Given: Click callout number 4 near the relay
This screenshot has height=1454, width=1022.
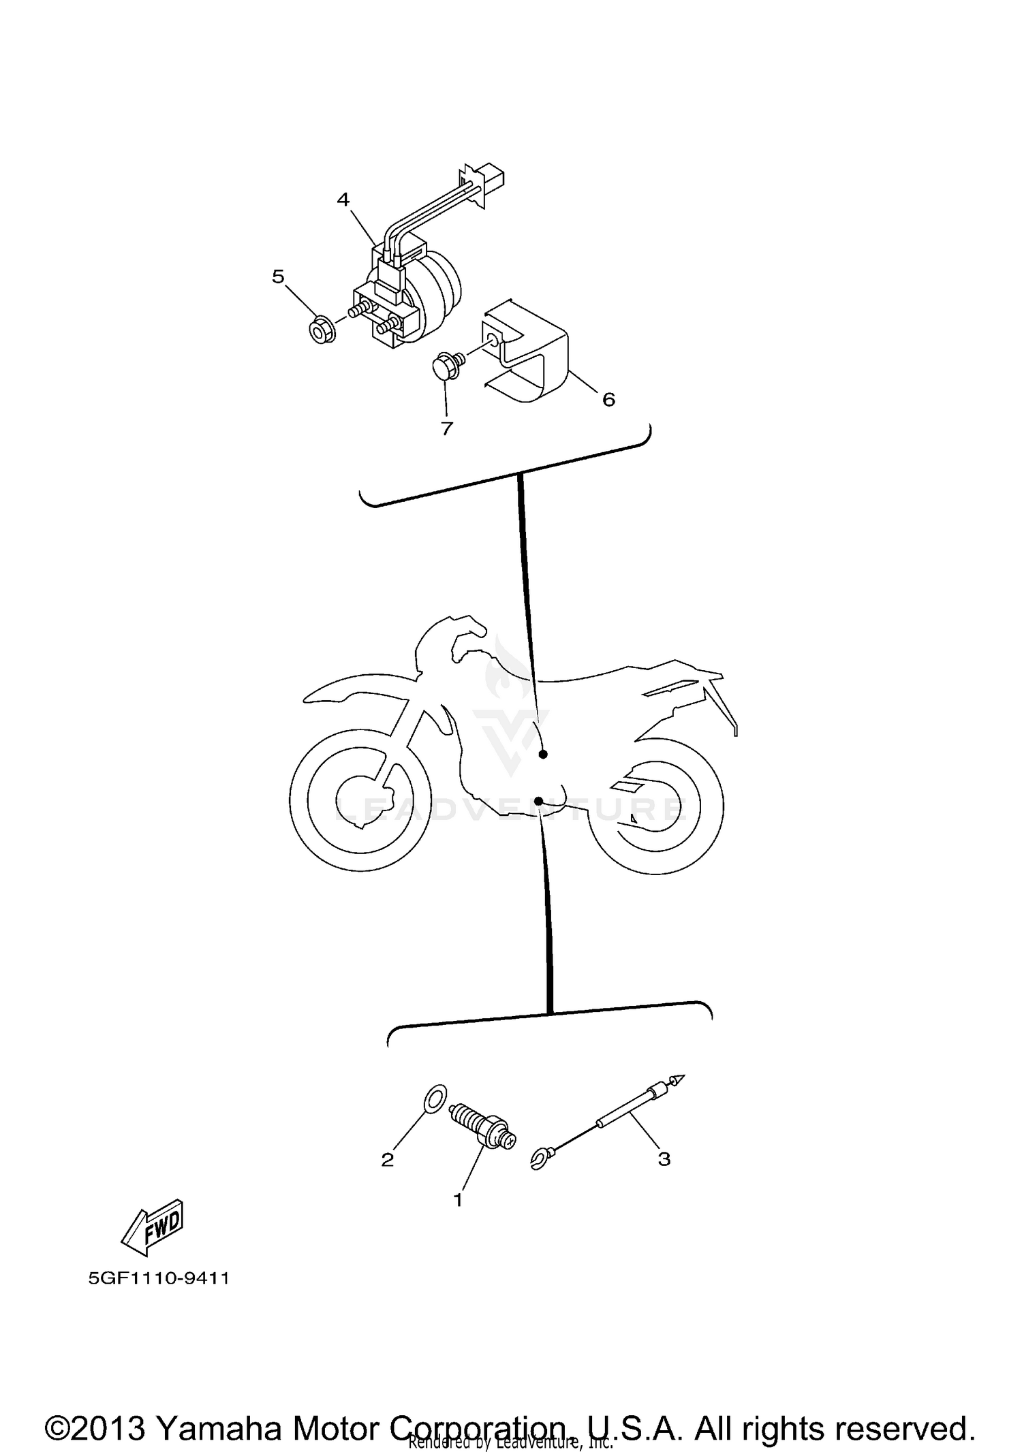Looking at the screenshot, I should pos(343,200).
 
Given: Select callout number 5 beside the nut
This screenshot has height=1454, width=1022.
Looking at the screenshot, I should pos(278,276).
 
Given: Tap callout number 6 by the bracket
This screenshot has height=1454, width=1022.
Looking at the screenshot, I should pos(608,399).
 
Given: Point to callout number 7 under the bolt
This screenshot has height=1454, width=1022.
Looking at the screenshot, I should pos(447,428).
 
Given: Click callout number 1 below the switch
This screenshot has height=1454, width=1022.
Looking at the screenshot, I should pos(458,1200).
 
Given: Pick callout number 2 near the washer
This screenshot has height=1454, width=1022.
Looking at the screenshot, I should pos(387,1159).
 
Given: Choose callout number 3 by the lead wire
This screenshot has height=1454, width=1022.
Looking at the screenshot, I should pos(664,1158).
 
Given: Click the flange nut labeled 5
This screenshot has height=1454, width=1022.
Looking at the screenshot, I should pos(318,332).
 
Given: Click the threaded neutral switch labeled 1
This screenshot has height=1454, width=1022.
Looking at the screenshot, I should pos(482,1127).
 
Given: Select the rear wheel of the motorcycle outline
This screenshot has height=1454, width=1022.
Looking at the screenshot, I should pos(654,806).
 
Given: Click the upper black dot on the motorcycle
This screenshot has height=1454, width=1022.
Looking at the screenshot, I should pos(543,754).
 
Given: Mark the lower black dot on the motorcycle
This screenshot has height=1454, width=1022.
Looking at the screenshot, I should pos(538,802).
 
